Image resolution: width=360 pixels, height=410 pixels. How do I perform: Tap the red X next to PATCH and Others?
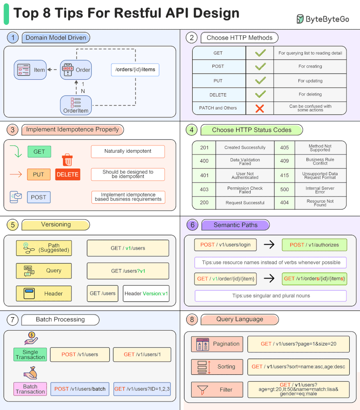(x=260, y=108)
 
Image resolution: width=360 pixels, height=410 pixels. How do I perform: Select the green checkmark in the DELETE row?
(x=260, y=95)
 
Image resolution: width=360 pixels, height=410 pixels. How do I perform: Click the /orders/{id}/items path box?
(x=135, y=69)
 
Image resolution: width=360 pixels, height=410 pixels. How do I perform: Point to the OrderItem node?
(x=76, y=105)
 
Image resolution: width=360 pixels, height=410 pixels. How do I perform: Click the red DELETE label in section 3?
(x=67, y=174)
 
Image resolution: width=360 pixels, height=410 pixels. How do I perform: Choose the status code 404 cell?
(x=284, y=203)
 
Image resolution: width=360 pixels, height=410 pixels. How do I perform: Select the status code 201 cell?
(x=204, y=148)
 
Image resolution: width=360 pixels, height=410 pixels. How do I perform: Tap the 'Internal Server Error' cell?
(x=320, y=190)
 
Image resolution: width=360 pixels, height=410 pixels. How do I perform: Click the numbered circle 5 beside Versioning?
(x=13, y=224)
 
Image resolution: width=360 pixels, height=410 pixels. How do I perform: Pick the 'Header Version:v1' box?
(x=146, y=293)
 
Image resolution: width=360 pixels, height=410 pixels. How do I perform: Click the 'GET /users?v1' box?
(x=128, y=271)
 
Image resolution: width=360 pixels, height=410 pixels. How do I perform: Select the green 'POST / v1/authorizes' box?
(x=315, y=245)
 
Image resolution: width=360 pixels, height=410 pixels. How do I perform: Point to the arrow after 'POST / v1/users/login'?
(x=269, y=245)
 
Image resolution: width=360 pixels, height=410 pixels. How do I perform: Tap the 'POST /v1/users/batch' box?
(x=80, y=389)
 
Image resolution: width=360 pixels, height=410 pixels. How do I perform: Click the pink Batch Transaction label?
(x=31, y=389)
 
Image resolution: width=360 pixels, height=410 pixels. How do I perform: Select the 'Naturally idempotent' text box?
(x=128, y=151)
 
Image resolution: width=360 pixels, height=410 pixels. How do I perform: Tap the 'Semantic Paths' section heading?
(x=235, y=225)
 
